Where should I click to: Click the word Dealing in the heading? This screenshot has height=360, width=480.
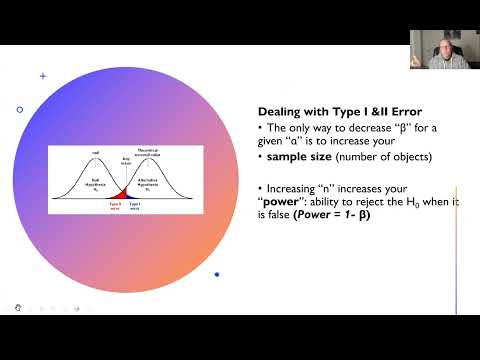(283, 113)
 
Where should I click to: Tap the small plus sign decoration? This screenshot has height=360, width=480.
(42, 75)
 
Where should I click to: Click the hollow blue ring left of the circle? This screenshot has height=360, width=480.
(20, 109)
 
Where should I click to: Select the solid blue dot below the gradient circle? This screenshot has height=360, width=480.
(217, 274)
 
